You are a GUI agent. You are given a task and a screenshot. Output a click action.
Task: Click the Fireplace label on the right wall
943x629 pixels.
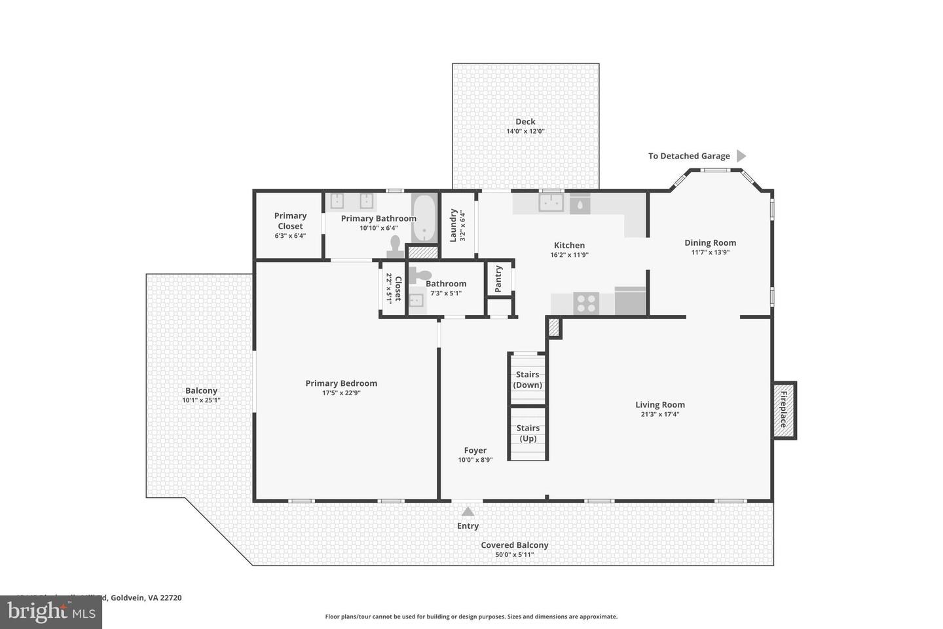click(784, 410)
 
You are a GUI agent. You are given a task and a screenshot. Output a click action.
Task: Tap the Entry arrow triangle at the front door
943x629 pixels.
click(468, 512)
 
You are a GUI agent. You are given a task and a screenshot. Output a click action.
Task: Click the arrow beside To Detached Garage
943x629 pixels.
click(741, 156)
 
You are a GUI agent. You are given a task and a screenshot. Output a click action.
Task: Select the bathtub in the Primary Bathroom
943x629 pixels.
click(424, 218)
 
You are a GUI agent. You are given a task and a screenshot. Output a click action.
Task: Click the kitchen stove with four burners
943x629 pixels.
click(585, 303)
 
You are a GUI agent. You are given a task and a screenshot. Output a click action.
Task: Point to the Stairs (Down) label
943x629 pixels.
click(527, 380)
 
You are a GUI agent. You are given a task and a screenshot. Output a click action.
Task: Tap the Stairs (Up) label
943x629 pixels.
click(528, 433)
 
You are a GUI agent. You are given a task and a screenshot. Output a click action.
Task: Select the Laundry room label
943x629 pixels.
click(453, 225)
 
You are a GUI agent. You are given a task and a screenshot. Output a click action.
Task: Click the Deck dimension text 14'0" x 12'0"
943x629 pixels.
click(525, 131)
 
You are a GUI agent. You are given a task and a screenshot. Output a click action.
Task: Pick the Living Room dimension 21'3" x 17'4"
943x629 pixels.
click(659, 414)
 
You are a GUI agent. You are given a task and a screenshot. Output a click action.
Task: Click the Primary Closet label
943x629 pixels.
click(290, 221)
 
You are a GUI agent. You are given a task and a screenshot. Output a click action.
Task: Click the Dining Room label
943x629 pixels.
click(710, 242)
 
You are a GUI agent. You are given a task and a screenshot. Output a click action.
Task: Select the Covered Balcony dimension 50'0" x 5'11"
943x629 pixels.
click(514, 555)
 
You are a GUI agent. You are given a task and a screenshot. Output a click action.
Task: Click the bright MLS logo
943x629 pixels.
click(51, 612)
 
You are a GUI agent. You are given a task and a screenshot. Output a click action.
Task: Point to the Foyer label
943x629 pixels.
click(475, 450)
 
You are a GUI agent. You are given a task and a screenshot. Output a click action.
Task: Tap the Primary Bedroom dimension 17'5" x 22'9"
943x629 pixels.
click(341, 393)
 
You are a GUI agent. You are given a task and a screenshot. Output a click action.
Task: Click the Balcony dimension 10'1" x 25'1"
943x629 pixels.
click(201, 400)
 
